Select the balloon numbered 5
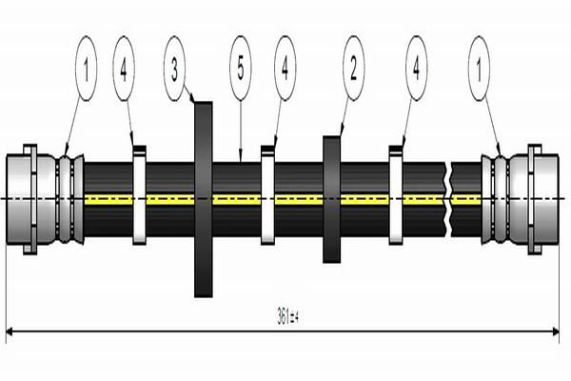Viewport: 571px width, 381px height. coord(241,69)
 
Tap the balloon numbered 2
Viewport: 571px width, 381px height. coord(354,69)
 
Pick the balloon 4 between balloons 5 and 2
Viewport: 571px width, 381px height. coord(285,69)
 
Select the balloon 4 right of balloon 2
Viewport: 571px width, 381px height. coord(416,69)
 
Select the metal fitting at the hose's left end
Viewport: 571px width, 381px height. coord(44,198)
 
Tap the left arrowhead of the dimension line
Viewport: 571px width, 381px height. coord(10,331)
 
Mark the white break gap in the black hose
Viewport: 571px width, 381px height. coord(448,198)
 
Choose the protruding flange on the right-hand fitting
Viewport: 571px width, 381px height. coord(534,198)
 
